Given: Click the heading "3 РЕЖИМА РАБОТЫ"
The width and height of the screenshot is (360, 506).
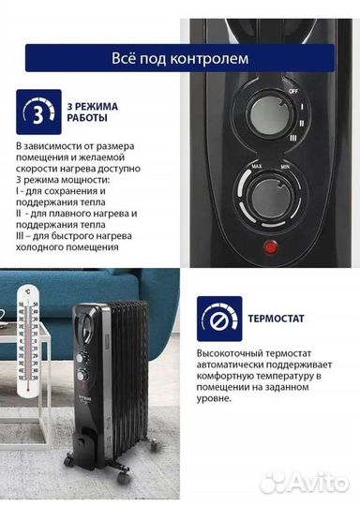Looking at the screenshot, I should click(x=88, y=117).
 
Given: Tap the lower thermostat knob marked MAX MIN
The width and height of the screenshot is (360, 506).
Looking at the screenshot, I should click(x=269, y=199).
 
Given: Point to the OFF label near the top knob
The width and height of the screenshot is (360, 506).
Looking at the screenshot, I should click(x=292, y=90).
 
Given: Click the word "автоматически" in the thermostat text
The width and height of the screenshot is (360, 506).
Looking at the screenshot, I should click(x=237, y=366).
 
